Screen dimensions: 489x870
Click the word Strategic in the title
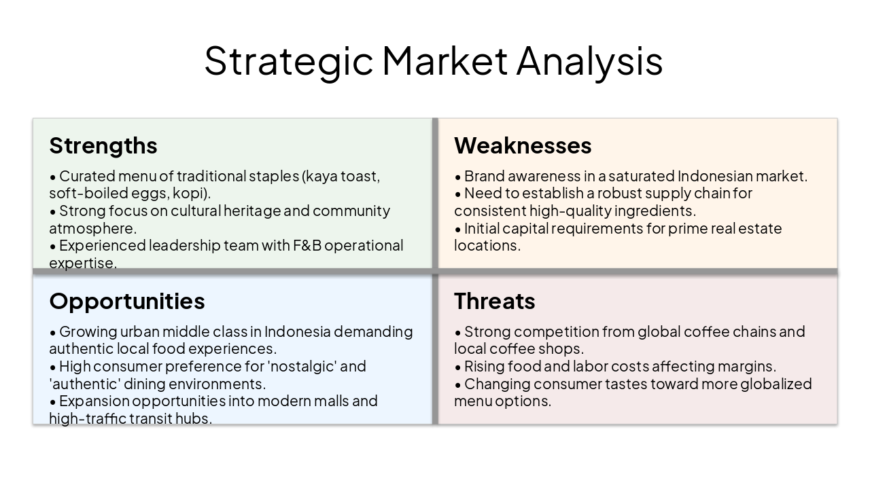289,60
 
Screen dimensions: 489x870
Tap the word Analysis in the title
589,60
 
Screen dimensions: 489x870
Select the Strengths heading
103,145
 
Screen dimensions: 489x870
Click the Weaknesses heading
523,145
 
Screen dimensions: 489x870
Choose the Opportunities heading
127,301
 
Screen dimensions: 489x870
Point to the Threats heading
495,301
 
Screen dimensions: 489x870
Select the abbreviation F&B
307,245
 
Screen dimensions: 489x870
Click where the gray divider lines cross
436,272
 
